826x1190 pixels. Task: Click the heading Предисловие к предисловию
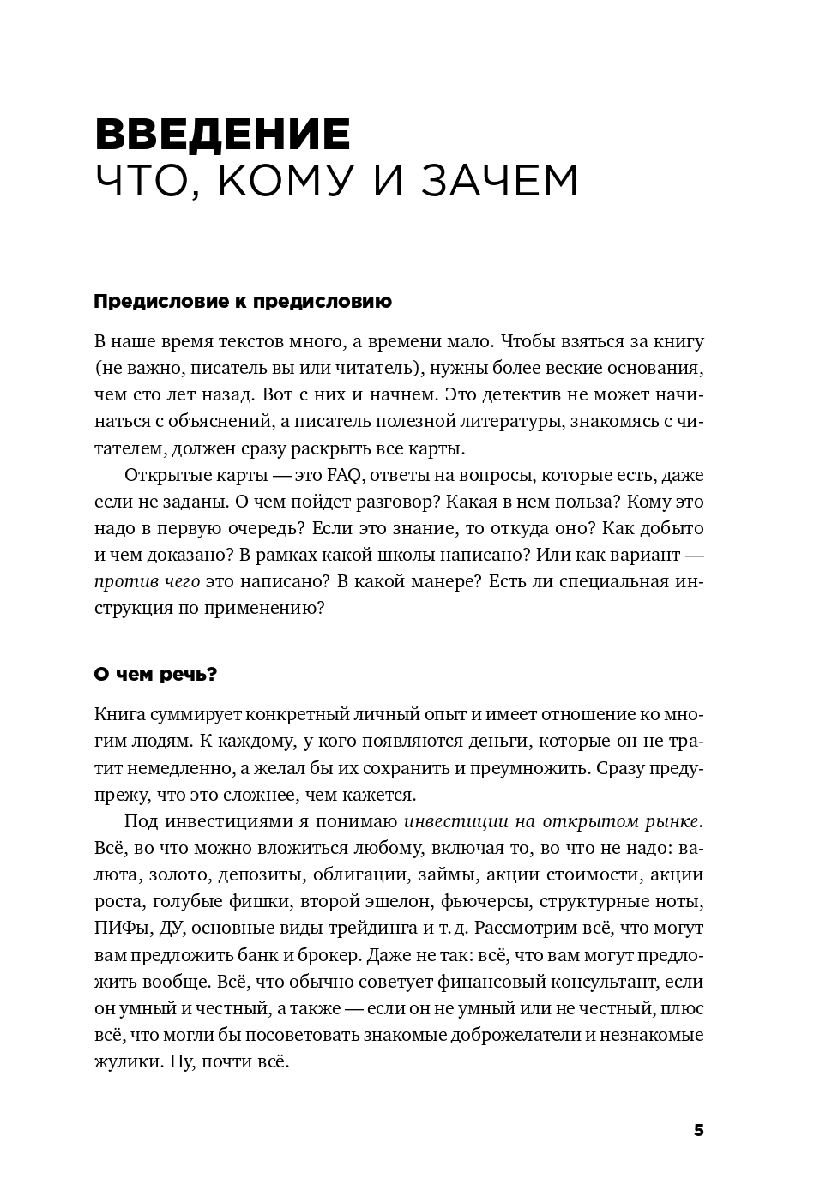click(x=242, y=302)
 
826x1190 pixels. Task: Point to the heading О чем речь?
click(x=155, y=675)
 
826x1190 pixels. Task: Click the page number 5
click(x=698, y=1130)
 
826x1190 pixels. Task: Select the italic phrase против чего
click(x=147, y=582)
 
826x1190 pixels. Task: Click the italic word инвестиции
click(x=455, y=821)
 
